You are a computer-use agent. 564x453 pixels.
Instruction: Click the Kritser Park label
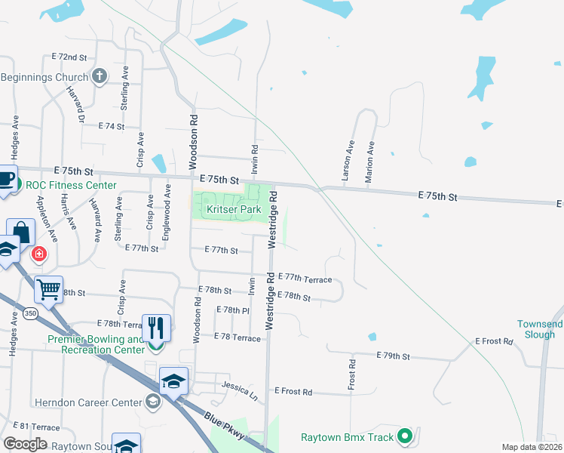point(228,208)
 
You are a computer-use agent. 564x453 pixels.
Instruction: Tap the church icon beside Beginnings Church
point(100,76)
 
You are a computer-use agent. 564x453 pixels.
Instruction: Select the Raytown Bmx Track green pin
point(405,436)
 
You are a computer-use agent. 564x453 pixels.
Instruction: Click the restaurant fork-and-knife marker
point(156,328)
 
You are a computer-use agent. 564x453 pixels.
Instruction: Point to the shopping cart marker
point(49,288)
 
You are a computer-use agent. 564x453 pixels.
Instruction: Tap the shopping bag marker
point(21,232)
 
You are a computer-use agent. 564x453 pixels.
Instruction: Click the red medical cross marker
point(38,254)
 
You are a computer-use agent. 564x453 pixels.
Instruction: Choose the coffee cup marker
point(5,180)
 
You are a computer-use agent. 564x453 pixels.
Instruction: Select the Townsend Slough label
point(540,329)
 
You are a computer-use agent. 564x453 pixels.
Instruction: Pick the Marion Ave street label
point(369,161)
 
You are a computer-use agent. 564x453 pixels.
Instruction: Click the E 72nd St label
point(70,57)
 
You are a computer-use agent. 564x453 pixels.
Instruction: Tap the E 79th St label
point(394,356)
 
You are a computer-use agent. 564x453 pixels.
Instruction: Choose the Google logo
point(24,444)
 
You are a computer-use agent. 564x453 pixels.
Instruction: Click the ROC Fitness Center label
point(71,185)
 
